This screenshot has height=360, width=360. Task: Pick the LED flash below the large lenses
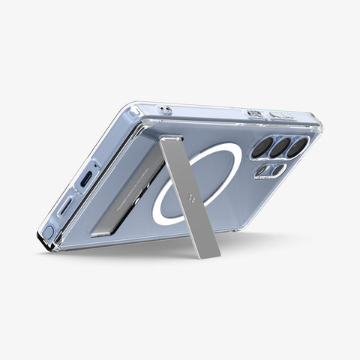263,172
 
